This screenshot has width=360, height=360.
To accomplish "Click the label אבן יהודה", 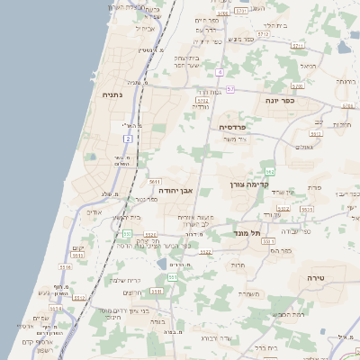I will click(x=177, y=191).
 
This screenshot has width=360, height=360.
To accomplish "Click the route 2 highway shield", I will click(x=129, y=139).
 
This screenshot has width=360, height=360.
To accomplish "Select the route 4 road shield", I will click(x=220, y=70).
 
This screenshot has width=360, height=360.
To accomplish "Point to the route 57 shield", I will click(x=230, y=89).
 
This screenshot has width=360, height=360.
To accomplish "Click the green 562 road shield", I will click(x=269, y=170).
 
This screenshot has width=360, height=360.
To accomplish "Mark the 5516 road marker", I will click(x=66, y=266).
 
